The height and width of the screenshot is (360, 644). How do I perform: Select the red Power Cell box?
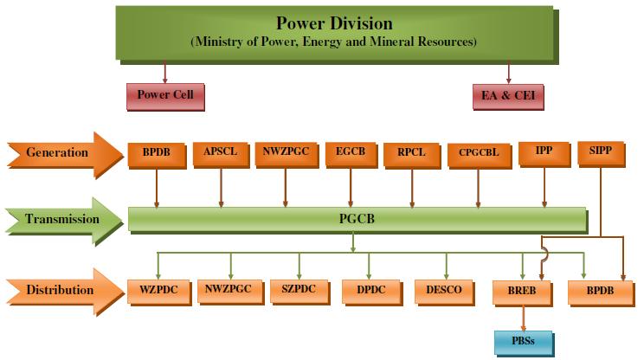pyautogui.click(x=165, y=94)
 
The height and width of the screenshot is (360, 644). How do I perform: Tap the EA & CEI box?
pyautogui.click(x=508, y=95)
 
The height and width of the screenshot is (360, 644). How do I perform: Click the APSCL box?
pyautogui.click(x=221, y=151)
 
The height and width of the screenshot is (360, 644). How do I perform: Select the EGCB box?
pyautogui.click(x=351, y=151)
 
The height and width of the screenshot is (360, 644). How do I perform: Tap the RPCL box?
pyautogui.click(x=412, y=152)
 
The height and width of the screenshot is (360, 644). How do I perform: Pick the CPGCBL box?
pyautogui.click(x=477, y=153)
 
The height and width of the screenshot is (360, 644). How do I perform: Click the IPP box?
pyautogui.click(x=544, y=151)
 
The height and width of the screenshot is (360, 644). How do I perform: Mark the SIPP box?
pyautogui.click(x=601, y=151)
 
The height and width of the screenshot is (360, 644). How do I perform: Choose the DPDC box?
pyautogui.click(x=370, y=290)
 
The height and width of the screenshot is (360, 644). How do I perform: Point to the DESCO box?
pyautogui.click(x=444, y=290)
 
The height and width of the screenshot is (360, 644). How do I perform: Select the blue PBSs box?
pyautogui.click(x=522, y=341)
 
